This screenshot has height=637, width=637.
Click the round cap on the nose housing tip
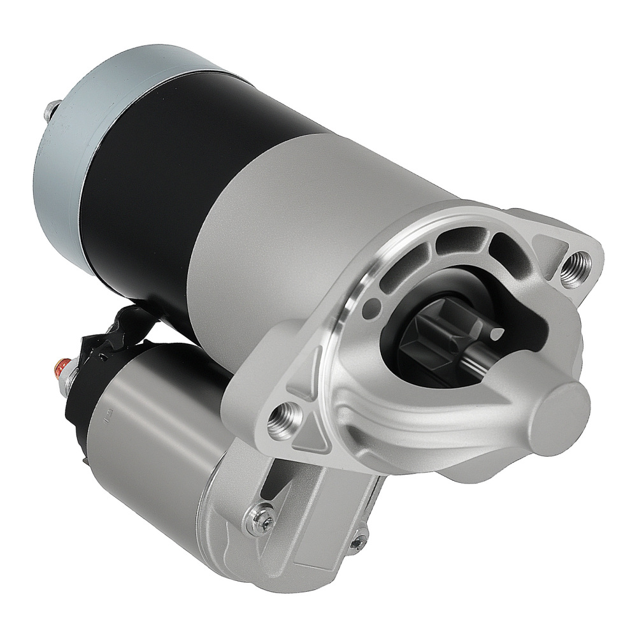tap(561, 412)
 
